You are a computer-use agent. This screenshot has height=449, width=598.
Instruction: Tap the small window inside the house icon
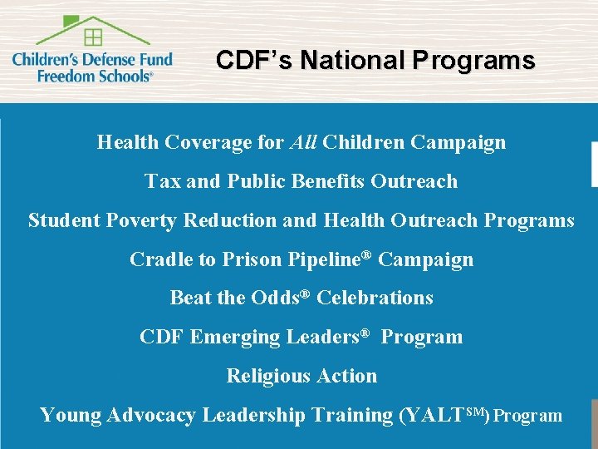(x=93, y=37)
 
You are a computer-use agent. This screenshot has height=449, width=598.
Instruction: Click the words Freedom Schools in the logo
(x=94, y=75)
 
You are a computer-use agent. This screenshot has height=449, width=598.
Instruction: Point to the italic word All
(x=303, y=142)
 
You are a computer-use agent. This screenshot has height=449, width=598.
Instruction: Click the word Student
(x=61, y=220)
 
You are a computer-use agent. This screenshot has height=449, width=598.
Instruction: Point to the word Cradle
(x=159, y=259)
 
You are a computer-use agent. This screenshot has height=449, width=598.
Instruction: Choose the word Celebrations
(x=375, y=298)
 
